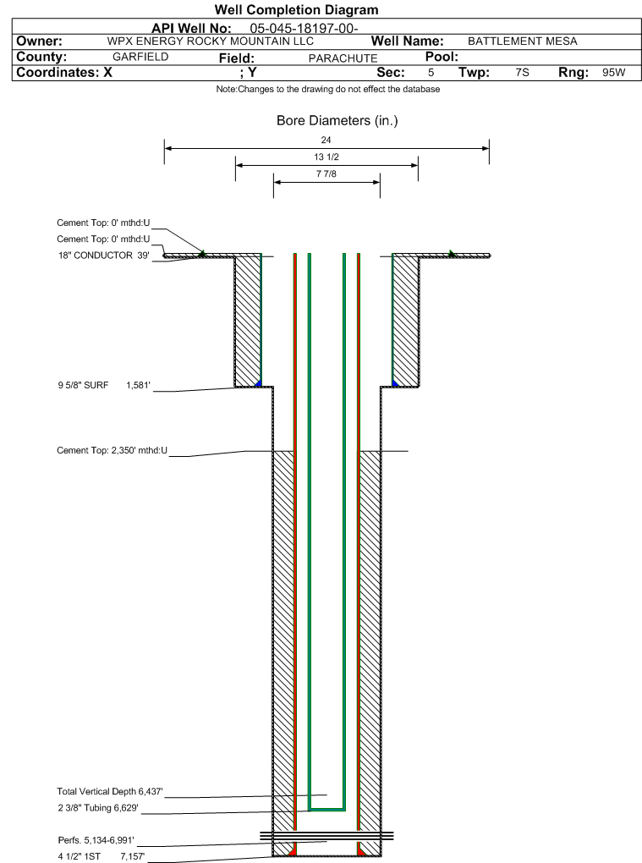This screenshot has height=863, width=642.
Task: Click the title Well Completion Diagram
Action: point(296,10)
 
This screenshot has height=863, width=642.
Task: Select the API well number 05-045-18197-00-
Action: point(305,29)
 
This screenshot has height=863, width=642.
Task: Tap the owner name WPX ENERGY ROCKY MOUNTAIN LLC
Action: point(210,41)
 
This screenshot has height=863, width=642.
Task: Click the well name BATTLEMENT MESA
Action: point(523,41)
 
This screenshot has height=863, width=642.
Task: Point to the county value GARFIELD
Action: point(140,57)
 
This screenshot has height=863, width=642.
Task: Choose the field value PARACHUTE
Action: point(343,58)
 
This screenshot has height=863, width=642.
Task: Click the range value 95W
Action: point(613,73)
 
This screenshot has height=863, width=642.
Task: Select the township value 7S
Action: point(522,73)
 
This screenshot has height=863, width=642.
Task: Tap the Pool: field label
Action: point(442,57)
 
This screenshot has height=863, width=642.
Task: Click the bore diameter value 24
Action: point(326,140)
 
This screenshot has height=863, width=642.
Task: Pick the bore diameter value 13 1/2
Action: point(326,157)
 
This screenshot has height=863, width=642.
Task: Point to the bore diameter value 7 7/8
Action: point(326,174)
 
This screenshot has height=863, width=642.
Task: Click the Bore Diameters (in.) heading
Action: point(337,120)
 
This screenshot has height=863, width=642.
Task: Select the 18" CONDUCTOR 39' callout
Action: point(104,256)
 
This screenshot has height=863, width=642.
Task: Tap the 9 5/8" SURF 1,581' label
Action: point(104,385)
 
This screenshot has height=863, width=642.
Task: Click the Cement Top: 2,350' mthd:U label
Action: point(112,450)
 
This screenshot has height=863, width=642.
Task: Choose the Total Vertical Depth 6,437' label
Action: point(110,791)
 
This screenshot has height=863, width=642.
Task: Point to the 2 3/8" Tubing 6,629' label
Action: point(98,808)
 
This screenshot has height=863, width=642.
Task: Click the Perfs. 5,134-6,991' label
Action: point(96,840)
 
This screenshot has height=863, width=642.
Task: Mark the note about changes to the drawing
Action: point(328,89)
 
